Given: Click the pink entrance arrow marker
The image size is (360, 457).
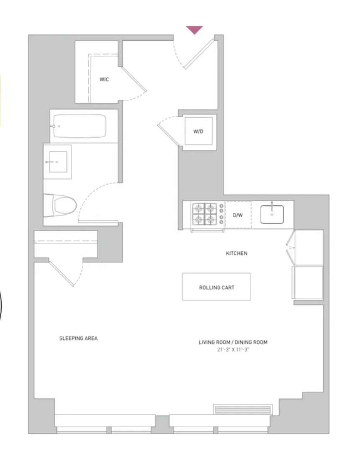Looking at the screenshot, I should tap(194, 30).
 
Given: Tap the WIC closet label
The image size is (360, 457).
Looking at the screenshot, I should tap(104, 79).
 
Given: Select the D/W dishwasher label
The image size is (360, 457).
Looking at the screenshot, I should tap(237, 215).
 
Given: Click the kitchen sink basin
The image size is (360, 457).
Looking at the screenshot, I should tap(272, 214).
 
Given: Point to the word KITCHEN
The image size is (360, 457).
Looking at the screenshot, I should tap(237, 253).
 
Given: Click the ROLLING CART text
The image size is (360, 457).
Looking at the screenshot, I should tap(216, 288).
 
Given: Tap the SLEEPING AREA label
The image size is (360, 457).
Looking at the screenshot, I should tap(78, 338).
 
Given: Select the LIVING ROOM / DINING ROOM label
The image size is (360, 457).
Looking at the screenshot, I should tap(233, 342).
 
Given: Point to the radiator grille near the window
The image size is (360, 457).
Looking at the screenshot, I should tap(242, 409).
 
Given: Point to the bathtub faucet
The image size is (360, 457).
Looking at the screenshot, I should tap(56, 126).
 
